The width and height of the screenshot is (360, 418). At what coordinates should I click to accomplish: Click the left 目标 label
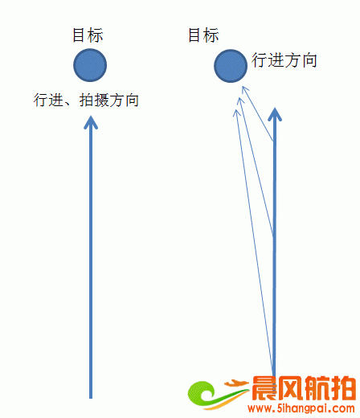tap(88, 35)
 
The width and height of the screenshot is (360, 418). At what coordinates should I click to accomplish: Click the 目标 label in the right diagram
tap(203, 35)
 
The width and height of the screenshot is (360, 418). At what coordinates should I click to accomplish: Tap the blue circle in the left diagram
tap(90, 65)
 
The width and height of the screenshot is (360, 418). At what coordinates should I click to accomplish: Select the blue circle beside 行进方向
tap(231, 66)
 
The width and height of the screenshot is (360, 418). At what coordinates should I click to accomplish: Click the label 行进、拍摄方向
tap(86, 100)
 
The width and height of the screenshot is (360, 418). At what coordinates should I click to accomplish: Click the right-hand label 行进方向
tap(284, 60)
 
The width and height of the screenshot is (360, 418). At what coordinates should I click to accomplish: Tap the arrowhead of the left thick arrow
tap(91, 122)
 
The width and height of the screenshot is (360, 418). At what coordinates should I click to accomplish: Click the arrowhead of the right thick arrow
tap(275, 114)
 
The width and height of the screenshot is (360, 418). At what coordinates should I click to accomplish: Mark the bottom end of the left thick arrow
tap(91, 398)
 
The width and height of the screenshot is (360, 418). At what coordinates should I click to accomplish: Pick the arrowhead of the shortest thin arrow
tap(245, 90)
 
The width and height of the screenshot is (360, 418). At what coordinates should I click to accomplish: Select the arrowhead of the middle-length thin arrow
tap(241, 102)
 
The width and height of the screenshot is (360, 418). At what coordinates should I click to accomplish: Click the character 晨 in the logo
tap(264, 388)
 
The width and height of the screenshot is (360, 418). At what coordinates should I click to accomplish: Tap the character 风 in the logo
tap(291, 388)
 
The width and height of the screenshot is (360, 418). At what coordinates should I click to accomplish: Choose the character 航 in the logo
tap(317, 388)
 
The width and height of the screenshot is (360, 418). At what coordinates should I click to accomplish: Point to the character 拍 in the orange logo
tap(343, 388)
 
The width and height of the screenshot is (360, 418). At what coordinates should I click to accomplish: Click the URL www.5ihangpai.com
tap(301, 408)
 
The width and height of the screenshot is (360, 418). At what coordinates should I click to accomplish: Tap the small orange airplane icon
tap(236, 383)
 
